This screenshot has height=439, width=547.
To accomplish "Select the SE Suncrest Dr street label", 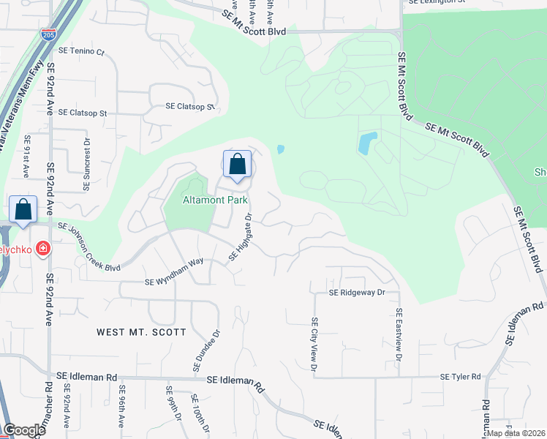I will tap(87, 165).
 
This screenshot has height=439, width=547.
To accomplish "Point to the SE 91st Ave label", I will tap(26, 156).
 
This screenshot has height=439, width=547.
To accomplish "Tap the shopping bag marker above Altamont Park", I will tap(237, 165).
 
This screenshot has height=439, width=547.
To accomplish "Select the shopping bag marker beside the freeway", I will tap(23, 210).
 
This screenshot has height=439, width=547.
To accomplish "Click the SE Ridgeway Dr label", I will tap(357, 292).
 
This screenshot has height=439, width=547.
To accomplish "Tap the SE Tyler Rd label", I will tap(460, 377).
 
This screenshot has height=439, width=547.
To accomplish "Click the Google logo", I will tap(24, 430).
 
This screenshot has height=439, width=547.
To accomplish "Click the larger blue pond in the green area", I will tap(367, 143).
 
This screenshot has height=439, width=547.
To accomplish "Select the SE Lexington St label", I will tap(437, 2).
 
